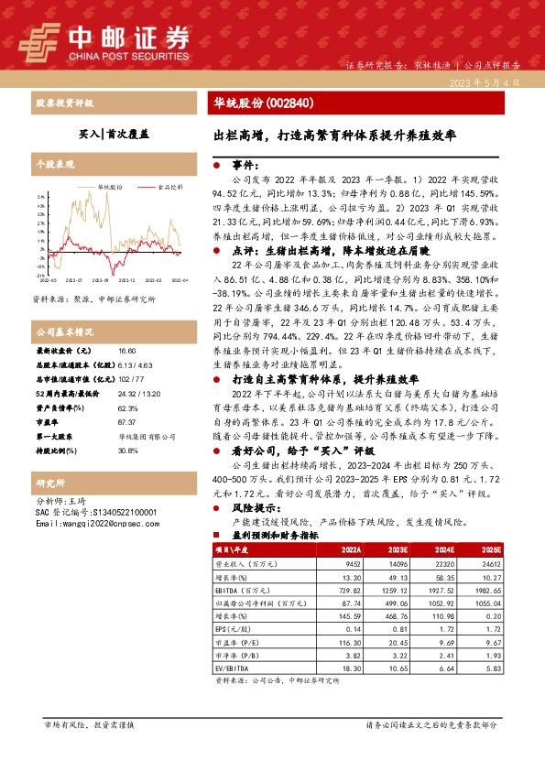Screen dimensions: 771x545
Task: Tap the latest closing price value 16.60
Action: tap(126, 351)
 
